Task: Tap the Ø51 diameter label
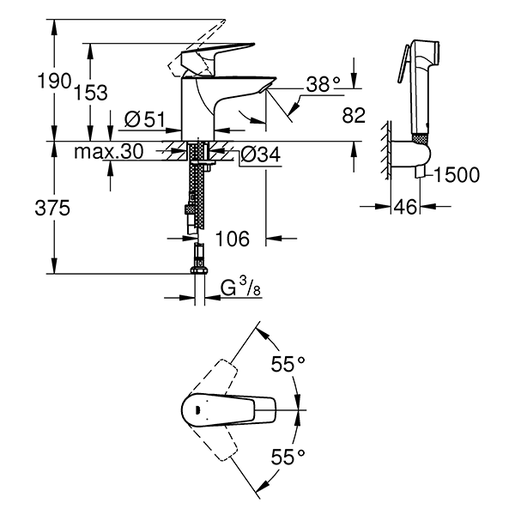point(143,120)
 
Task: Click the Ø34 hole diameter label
point(261,155)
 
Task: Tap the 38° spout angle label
point(324,83)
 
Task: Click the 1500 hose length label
point(457,176)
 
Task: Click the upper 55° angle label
point(288,365)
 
